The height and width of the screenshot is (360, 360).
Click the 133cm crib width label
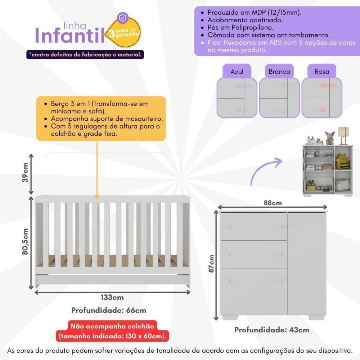click(112, 297)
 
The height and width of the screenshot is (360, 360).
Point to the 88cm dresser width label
click(272, 203)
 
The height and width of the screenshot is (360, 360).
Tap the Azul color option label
click(237, 72)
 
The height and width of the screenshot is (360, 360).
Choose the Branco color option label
click(279, 72)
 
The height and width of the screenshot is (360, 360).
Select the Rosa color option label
click(321, 72)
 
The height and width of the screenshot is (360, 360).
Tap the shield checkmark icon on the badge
click(123, 18)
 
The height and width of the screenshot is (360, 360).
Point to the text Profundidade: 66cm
click(109, 310)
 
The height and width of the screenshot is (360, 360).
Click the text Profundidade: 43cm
click(272, 330)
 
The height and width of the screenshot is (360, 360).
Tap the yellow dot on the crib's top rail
click(96, 197)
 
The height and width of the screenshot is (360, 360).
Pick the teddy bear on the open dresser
click(329, 138)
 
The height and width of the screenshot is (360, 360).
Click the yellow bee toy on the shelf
click(343, 162)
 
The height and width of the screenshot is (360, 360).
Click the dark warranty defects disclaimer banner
click(85, 55)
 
